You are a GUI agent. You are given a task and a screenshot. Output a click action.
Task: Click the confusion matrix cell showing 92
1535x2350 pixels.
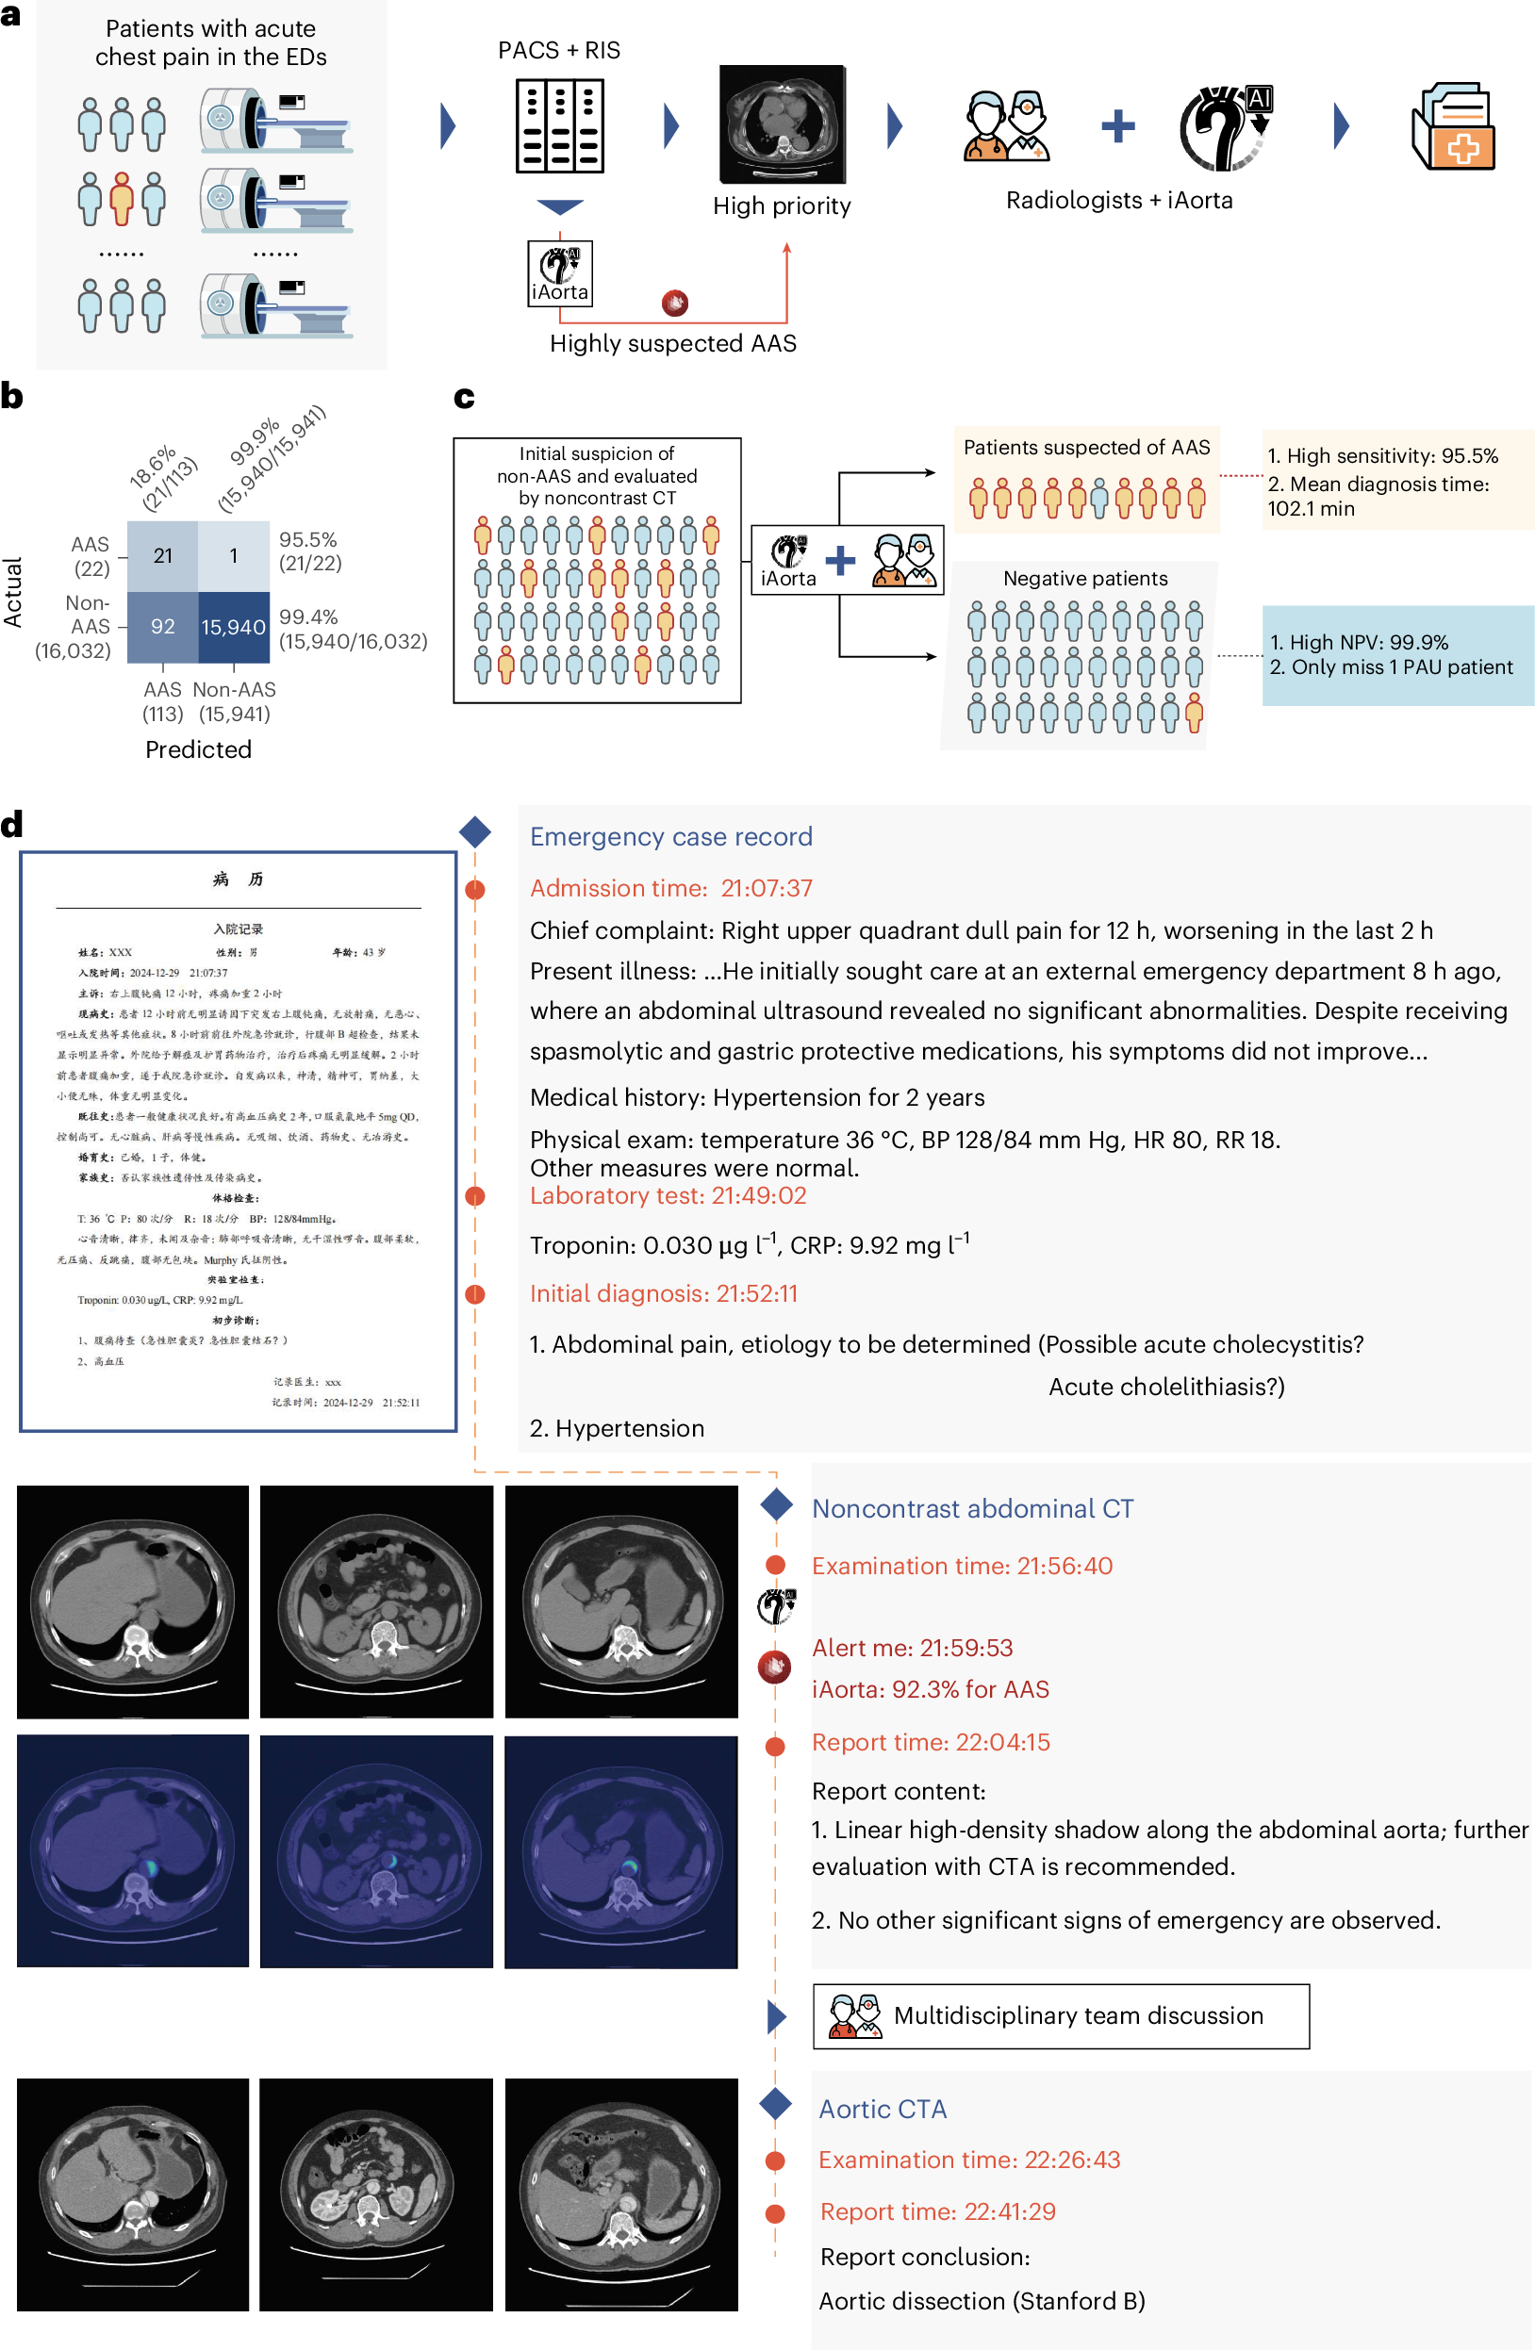click(x=163, y=627)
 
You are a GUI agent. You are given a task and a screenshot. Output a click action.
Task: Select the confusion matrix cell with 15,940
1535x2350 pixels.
click(x=234, y=627)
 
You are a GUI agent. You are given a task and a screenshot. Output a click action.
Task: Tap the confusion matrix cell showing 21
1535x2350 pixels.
click(x=163, y=556)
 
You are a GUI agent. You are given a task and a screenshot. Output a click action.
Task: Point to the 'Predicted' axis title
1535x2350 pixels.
click(x=199, y=749)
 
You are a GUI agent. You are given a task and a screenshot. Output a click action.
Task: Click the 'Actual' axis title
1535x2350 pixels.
click(x=13, y=592)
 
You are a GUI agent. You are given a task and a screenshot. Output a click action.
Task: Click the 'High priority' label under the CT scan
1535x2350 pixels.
click(x=782, y=205)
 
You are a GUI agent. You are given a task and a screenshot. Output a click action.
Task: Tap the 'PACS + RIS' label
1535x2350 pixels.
click(x=559, y=50)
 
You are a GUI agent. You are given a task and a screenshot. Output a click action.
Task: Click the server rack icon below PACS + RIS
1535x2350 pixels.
click(x=560, y=126)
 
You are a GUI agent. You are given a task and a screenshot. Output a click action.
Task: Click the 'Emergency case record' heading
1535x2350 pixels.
click(x=670, y=836)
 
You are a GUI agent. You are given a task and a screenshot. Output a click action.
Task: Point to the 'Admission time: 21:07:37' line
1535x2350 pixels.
click(x=670, y=888)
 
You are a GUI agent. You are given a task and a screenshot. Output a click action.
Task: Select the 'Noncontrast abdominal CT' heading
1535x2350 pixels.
click(x=972, y=1509)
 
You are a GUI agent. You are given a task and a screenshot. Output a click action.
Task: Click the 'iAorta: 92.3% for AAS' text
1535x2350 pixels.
click(x=930, y=1689)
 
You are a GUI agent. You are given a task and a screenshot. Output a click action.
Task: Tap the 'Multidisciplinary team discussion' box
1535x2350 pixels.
click(x=1060, y=2015)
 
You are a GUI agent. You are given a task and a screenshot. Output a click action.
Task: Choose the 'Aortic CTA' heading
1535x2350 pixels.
click(x=883, y=2109)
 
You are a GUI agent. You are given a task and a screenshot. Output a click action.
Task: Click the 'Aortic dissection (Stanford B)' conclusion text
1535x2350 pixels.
click(x=981, y=2301)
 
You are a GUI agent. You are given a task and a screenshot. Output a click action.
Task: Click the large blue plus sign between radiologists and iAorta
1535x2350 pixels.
click(x=1118, y=126)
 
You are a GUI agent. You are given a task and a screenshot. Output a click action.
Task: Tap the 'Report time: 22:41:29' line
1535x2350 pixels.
click(x=937, y=2211)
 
